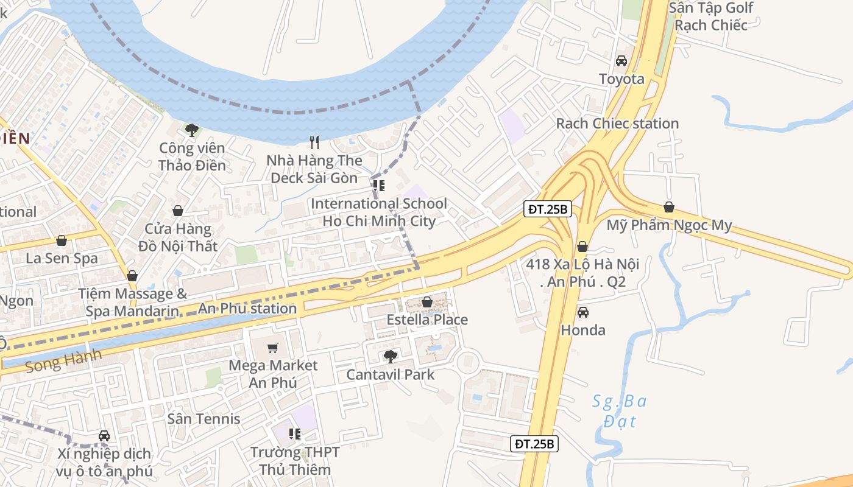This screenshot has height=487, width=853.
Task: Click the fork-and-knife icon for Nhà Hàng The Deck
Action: pos(314,142)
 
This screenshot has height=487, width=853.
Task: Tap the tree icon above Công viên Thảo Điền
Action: pos(192,130)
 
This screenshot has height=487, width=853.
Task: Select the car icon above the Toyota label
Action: pos(621,61)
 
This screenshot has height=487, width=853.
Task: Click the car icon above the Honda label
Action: pos(583,312)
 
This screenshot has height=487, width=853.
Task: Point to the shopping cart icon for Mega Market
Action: pos(273,348)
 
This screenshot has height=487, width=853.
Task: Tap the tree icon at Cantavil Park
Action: pos(390,357)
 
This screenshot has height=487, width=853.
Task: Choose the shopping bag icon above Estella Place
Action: pos(427,302)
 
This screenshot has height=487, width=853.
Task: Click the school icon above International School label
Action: pos(379,186)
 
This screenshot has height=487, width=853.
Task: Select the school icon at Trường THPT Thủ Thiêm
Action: pos(295,434)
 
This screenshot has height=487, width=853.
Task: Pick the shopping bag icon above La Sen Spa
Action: pos(62,240)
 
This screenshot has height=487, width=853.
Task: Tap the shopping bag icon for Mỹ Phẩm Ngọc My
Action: pos(669,208)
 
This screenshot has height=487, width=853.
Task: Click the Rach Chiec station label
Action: pos(617,124)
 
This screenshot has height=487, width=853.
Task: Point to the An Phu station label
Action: pos(247,309)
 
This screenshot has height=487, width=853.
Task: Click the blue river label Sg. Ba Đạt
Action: pos(620,411)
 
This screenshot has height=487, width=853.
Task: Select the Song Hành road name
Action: pos(63,361)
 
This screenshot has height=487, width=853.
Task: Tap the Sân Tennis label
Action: pos(204,419)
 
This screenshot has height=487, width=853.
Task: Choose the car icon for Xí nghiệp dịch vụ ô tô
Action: pos(104,436)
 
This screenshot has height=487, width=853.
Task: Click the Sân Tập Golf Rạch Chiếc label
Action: pos(711,16)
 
